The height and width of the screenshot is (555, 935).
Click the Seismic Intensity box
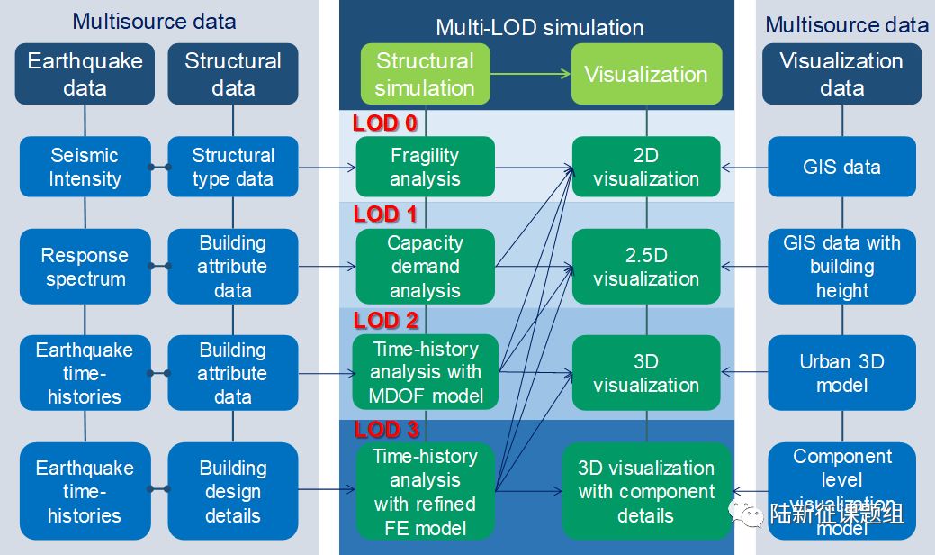[85, 167]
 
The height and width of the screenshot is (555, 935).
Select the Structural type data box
[233, 167]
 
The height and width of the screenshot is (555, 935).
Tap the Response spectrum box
[85, 267]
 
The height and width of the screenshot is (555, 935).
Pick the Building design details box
[233, 491]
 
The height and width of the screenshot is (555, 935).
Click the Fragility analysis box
[425, 167]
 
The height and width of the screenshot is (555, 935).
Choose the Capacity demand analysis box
[425, 267]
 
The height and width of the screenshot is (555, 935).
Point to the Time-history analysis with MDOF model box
[425, 371]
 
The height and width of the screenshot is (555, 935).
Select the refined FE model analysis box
[425, 491]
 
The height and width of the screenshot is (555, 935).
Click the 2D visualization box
[646, 167]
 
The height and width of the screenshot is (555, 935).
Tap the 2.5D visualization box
[646, 267]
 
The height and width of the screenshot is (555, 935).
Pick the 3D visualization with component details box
[646, 491]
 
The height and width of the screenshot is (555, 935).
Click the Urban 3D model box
[841, 372]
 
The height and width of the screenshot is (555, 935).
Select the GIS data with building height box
[841, 267]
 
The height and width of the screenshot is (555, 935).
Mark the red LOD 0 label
[385, 123]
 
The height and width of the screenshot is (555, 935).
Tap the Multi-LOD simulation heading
[539, 27]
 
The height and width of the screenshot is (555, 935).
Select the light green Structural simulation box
[425, 74]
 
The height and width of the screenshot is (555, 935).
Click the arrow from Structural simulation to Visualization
[531, 74]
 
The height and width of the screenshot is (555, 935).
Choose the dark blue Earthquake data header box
[85, 74]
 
